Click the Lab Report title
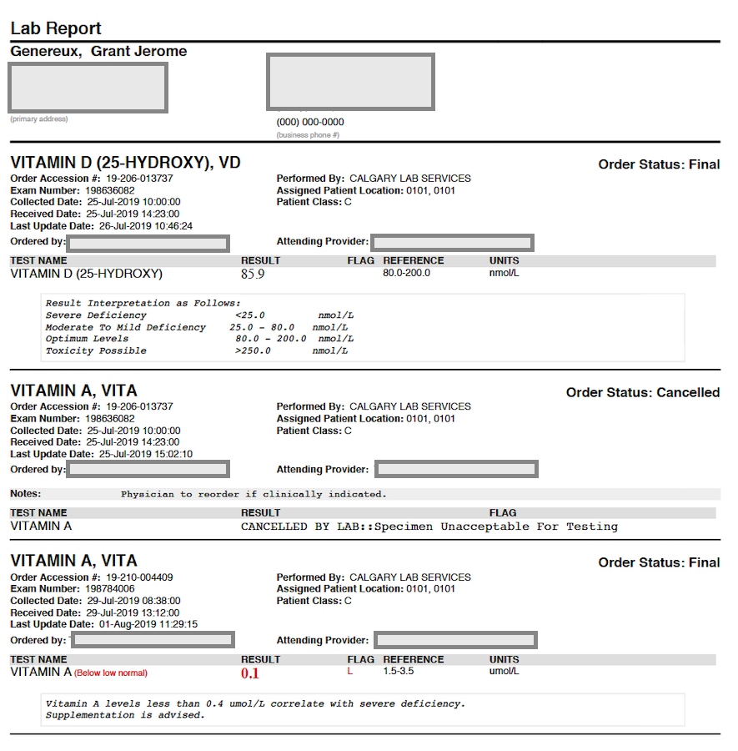[x=56, y=28]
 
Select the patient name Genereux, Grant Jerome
[x=98, y=52]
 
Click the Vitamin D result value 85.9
[x=253, y=274]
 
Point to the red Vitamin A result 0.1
[x=250, y=673]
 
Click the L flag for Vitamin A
[x=350, y=671]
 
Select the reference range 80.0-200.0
[x=407, y=273]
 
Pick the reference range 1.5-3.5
[x=399, y=671]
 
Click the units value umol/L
[x=505, y=671]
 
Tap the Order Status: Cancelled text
[x=642, y=392]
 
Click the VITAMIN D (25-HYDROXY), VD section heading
[x=125, y=163]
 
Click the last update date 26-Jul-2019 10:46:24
[x=140, y=225]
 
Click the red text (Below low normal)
[x=111, y=673]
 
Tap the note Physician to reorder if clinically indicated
[x=254, y=494]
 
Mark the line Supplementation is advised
[x=125, y=715]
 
